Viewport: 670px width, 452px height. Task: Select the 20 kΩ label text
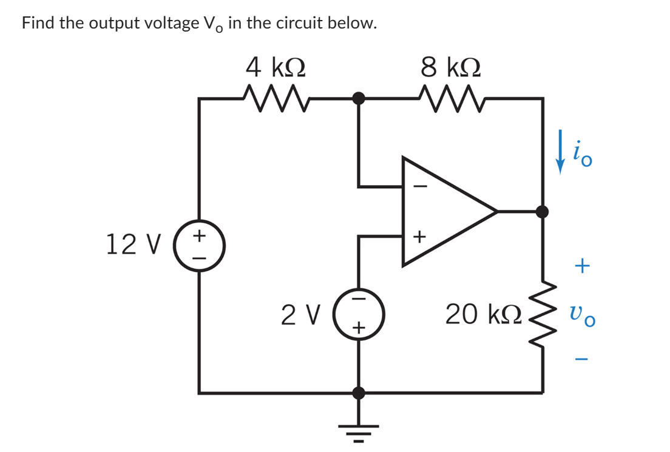tap(482, 315)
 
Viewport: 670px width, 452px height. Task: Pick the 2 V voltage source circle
tap(359, 314)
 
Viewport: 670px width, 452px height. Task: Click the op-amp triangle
tap(443, 211)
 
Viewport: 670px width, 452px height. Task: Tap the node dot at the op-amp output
tap(542, 211)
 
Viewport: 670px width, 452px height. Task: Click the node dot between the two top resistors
tap(359, 98)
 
